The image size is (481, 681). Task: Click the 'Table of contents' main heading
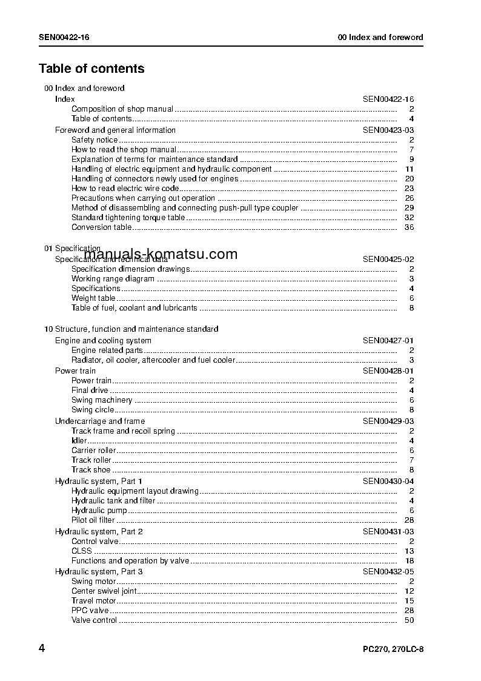tap(91, 69)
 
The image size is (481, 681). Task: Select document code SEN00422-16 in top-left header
tap(64, 37)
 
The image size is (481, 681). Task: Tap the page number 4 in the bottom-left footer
tap(42, 649)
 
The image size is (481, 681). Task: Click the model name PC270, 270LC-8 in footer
tap(389, 650)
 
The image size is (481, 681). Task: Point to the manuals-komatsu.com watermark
tap(161, 255)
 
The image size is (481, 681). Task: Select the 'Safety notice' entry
tap(95, 140)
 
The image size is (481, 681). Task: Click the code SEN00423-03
tap(388, 130)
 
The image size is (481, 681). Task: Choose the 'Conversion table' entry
tap(101, 227)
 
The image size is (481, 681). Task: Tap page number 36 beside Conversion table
tap(409, 227)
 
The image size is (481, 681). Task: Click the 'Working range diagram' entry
tap(113, 279)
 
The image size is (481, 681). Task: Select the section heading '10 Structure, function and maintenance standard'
tap(131, 329)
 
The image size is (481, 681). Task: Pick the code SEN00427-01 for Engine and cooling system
tap(388, 341)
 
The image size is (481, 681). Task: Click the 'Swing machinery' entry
tap(102, 400)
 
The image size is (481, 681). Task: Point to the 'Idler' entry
tap(79, 441)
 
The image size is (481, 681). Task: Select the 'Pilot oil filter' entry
tap(93, 520)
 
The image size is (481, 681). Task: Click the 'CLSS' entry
tap(82, 551)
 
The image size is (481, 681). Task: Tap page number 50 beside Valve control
tap(409, 620)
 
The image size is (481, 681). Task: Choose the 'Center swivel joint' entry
tap(104, 591)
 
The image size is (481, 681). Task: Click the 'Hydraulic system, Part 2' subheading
tap(99, 532)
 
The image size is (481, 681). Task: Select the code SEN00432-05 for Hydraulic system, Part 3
tap(388, 571)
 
